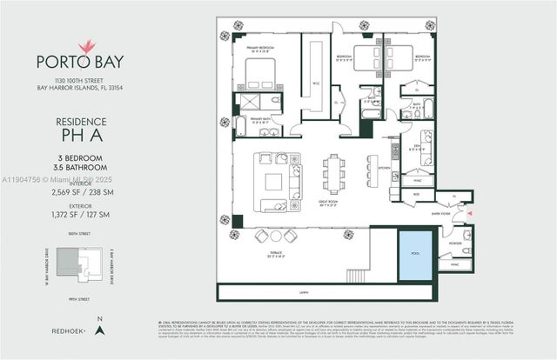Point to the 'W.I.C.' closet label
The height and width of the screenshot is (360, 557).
[x=314, y=84]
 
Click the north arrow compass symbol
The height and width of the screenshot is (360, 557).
[x=100, y=330]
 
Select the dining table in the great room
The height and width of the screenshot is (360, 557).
[x=333, y=172]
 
